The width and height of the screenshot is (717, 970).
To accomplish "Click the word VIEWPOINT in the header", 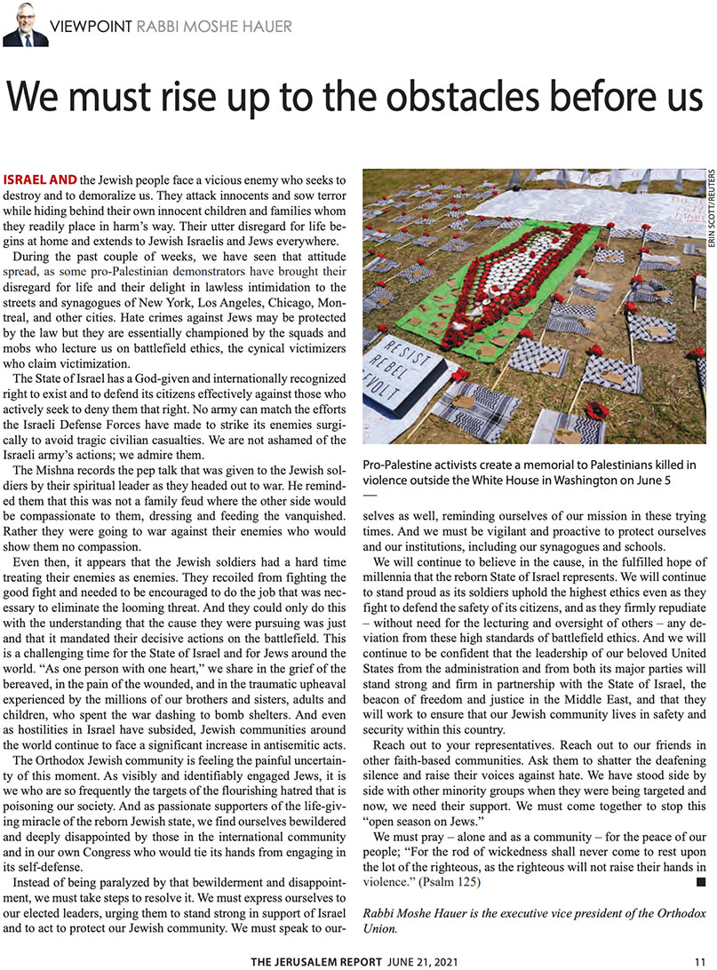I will pos(92,27).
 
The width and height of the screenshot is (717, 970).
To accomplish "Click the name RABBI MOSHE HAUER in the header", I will pos(214,27).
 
